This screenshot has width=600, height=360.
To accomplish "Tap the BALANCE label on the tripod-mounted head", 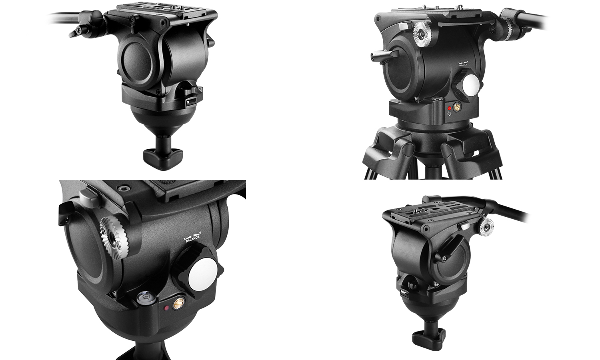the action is (463, 65).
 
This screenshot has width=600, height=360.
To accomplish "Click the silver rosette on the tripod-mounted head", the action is (423, 34).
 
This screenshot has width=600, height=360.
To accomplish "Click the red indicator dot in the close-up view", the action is (166, 308).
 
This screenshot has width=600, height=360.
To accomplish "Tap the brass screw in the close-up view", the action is (178, 304).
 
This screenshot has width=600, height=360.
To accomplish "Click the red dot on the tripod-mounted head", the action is (450, 108).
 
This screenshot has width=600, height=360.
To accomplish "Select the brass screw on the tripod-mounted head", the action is (456, 107).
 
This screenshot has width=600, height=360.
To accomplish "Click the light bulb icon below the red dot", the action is (449, 114).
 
